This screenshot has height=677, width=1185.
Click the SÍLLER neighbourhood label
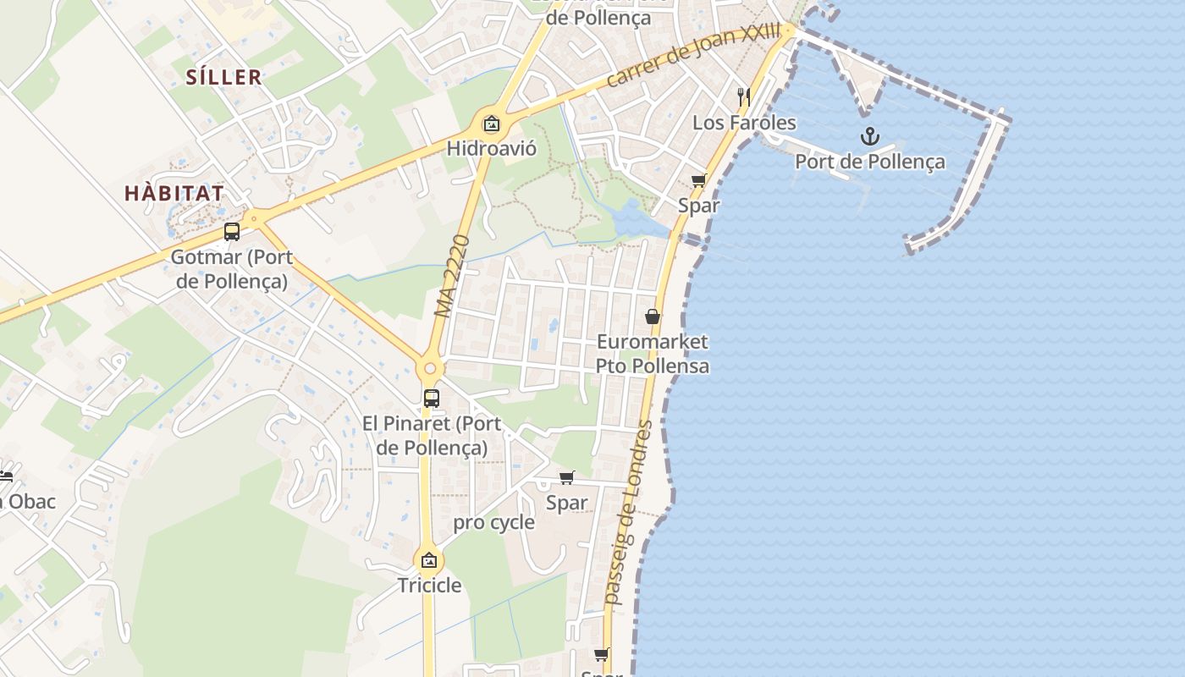224,77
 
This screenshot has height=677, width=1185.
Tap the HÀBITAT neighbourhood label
174,193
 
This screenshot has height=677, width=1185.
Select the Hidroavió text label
491,148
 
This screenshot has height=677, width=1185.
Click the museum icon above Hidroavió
491,124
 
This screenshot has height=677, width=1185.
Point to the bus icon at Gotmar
232,231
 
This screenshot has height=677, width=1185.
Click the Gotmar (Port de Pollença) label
232,268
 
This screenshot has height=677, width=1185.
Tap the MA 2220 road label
452,276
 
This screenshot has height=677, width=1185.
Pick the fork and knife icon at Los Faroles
743,96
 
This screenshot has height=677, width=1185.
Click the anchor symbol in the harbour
869,135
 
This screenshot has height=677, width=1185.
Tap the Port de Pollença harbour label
869,162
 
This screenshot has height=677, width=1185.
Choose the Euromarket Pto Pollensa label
653,354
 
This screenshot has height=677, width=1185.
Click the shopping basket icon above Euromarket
653,316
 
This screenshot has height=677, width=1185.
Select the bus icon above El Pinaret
432,398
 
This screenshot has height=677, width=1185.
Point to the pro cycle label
493,522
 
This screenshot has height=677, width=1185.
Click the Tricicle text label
429,585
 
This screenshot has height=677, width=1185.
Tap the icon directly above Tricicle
429,559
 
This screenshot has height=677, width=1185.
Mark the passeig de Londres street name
629,513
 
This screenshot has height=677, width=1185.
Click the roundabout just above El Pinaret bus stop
430,369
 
